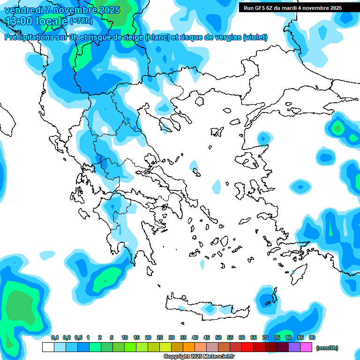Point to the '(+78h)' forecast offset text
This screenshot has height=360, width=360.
pyautogui.click(x=81, y=21)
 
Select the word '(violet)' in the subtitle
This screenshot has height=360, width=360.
pyautogui.click(x=255, y=37)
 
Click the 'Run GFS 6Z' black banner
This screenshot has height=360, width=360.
pyautogui.click(x=292, y=8)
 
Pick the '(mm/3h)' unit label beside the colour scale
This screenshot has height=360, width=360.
pyautogui.click(x=327, y=348)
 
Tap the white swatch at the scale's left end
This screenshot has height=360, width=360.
pyautogui.click(x=48, y=347)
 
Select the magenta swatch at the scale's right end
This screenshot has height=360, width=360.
pyautogui.click(x=306, y=347)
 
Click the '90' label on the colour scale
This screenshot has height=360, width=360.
pyautogui.click(x=312, y=337)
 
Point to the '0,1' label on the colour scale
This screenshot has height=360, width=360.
pyautogui.click(x=55, y=337)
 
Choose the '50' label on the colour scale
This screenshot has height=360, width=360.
pyautogui.click(x=218, y=337)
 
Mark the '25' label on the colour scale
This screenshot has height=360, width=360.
pyautogui.click(x=160, y=337)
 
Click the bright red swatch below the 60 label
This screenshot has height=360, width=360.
pyautogui.click(x=247, y=347)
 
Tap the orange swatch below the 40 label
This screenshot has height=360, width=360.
pyautogui.click(x=189, y=347)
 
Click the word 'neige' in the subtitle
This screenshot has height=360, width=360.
pyautogui.click(x=133, y=37)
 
